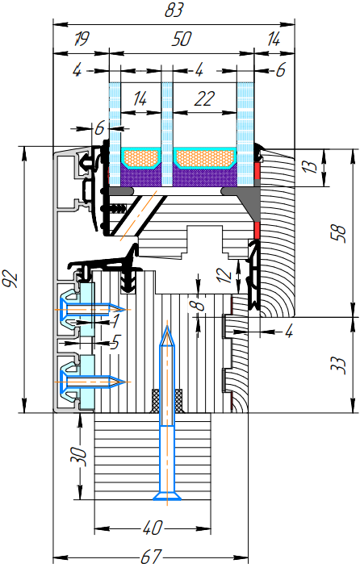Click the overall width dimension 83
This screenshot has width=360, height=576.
[x=174, y=10]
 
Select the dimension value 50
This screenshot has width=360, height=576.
[x=182, y=39]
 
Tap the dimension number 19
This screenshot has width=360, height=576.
[x=82, y=39]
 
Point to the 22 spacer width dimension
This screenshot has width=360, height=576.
[x=204, y=98]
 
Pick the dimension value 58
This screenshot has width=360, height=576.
[x=339, y=233]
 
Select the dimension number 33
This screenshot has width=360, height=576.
[x=339, y=365]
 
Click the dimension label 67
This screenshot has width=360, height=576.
[x=151, y=557]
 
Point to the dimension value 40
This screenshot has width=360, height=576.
[x=153, y=528]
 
